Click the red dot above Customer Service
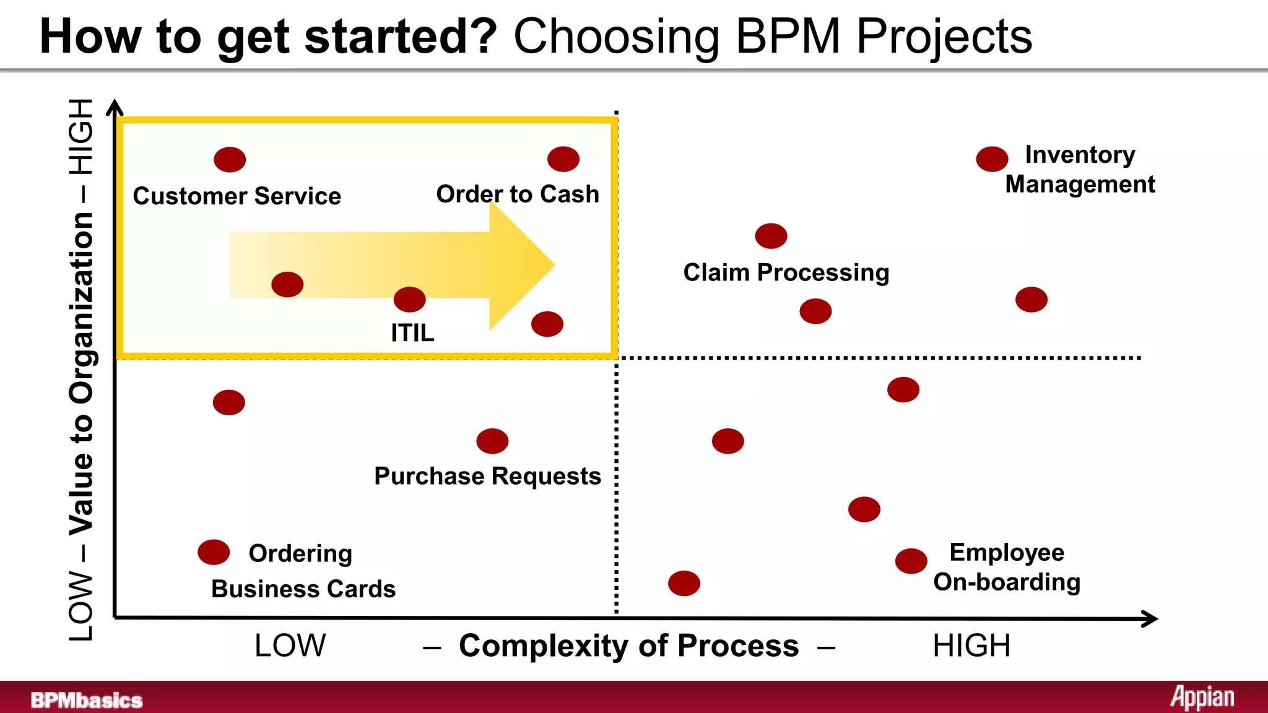(230, 160)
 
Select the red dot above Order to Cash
(563, 159)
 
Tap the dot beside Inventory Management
(992, 159)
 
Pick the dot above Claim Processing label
(771, 236)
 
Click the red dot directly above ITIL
(409, 300)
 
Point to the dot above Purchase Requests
(492, 441)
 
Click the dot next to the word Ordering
(214, 552)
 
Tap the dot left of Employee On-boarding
(911, 561)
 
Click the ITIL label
(412, 333)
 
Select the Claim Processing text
(786, 272)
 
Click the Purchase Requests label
(487, 476)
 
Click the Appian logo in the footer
(1202, 698)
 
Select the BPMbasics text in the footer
(87, 700)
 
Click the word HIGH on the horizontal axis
(971, 646)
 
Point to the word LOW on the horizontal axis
(290, 646)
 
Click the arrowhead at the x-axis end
(1150, 618)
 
